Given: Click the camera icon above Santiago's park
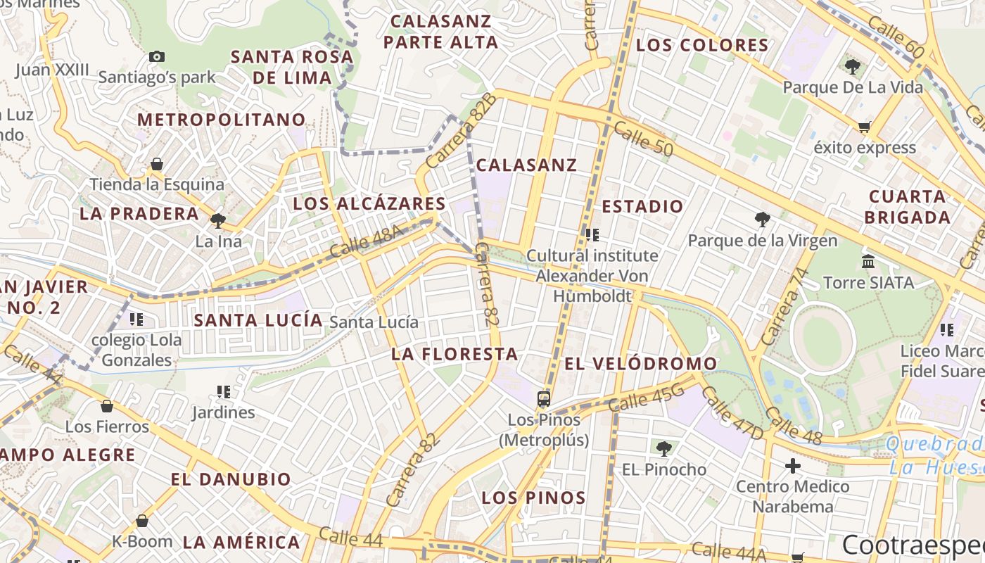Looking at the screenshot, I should tap(156, 56).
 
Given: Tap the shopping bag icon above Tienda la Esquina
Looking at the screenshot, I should tap(156, 165).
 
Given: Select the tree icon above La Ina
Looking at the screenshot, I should tap(218, 221).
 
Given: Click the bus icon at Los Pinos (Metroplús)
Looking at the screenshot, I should tap(544, 399).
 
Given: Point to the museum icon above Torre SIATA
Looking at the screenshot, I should tap(868, 262).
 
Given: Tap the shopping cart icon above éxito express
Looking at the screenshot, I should tap(864, 127).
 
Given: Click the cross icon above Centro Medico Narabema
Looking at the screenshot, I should tap(793, 466).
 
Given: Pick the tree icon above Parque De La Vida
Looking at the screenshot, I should tap(853, 68).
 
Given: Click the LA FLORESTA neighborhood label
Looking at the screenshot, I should tap(455, 354).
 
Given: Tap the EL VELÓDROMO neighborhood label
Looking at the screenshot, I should tap(640, 364).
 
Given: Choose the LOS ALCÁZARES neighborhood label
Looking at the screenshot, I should tap(369, 204).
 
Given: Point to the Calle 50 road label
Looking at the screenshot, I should tap(643, 139).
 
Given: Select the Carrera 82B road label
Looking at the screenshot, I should tap(462, 129).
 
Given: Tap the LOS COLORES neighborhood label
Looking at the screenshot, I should tap(702, 46).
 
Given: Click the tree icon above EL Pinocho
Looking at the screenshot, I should tap(663, 448).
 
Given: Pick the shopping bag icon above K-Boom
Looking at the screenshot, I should tap(142, 521).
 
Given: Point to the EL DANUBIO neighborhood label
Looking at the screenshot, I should tap(230, 480).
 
